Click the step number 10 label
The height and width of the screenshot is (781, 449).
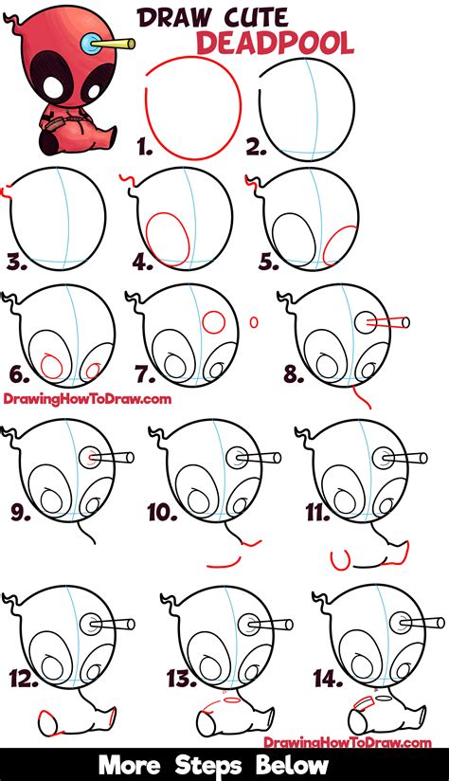162,513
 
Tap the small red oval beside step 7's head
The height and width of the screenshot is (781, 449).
254,322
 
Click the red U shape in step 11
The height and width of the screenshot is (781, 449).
342,560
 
